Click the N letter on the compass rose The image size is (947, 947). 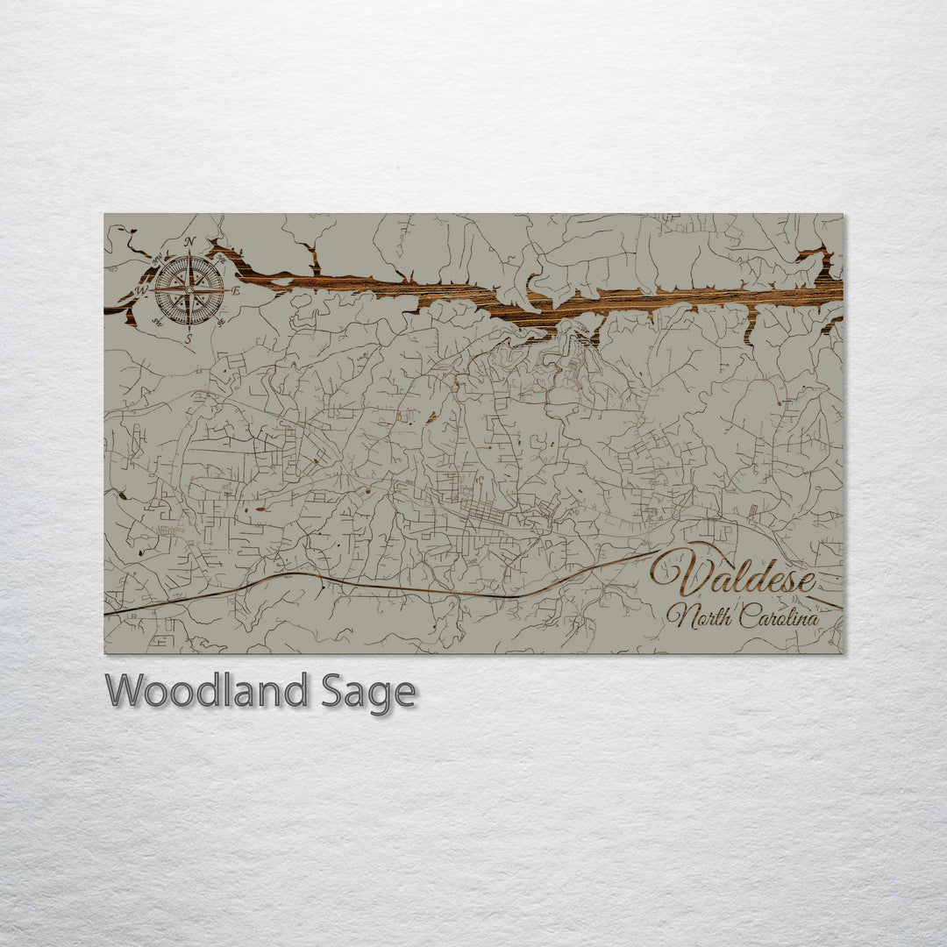point(190,243)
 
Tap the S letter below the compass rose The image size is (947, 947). point(189,335)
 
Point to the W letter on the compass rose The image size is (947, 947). point(144,289)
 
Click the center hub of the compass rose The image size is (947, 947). point(189,288)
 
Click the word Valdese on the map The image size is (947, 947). point(735,576)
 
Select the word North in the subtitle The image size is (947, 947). point(699,616)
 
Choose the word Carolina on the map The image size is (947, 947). point(779,617)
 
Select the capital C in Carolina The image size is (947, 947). point(746,616)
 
